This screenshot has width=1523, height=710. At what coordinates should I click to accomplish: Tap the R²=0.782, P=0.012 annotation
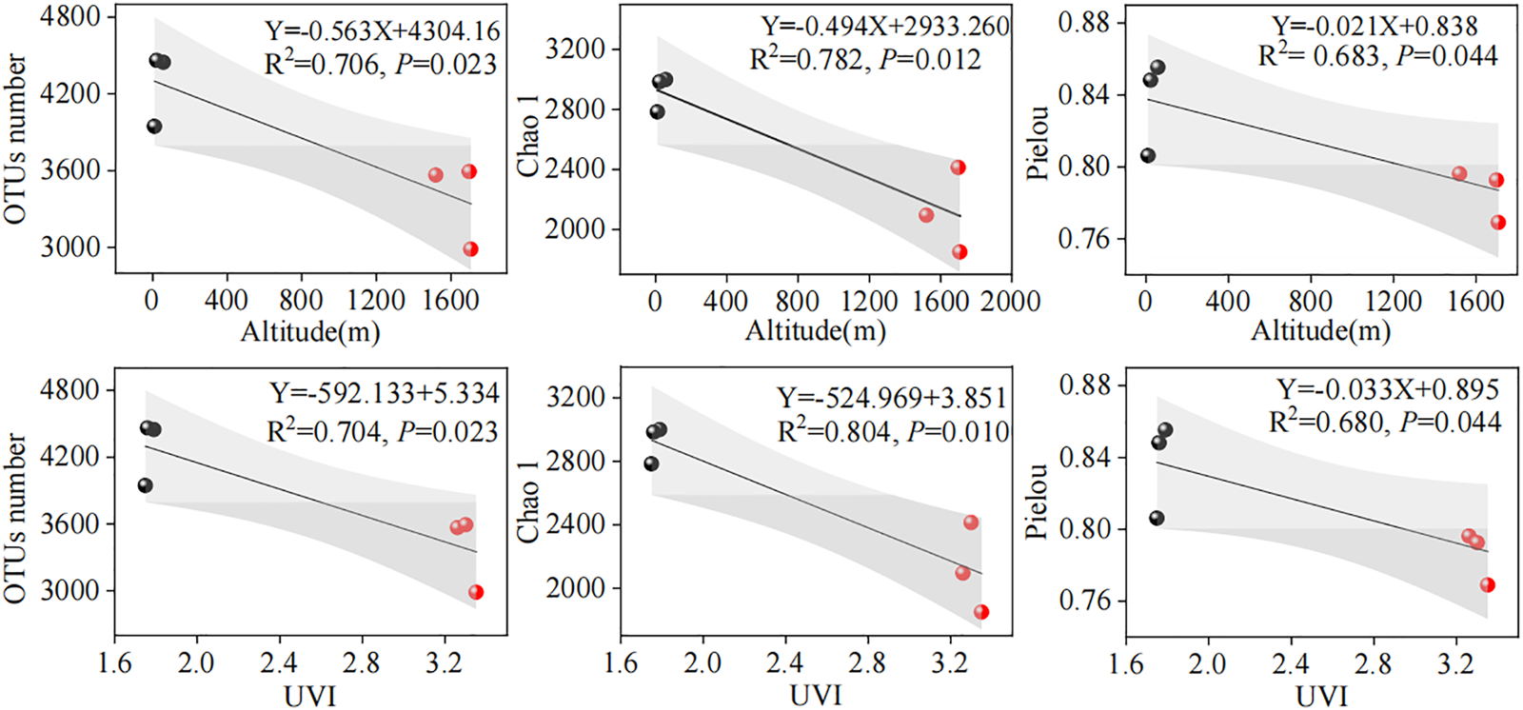(x=864, y=60)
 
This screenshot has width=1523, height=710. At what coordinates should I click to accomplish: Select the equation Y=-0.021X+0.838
(x=1375, y=26)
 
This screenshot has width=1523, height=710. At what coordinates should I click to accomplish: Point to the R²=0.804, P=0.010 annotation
(x=893, y=432)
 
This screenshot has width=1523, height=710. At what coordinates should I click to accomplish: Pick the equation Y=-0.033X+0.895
(x=1388, y=389)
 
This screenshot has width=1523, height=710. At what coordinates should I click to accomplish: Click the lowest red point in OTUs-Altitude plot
(x=470, y=249)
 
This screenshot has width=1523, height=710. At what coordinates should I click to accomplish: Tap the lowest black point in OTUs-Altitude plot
(x=154, y=127)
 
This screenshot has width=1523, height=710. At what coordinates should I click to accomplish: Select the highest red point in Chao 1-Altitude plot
(x=958, y=168)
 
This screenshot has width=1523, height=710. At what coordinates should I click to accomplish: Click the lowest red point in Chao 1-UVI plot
(x=981, y=612)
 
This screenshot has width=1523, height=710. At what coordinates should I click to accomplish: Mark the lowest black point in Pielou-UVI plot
(x=1157, y=519)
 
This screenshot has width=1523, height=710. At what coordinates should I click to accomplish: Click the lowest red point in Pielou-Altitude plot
(x=1498, y=223)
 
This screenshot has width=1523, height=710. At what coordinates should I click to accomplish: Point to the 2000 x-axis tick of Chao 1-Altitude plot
(x=1011, y=302)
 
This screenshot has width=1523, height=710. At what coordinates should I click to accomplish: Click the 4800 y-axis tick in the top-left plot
(x=69, y=18)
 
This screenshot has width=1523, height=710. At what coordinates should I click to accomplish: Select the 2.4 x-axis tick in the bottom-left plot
(x=279, y=662)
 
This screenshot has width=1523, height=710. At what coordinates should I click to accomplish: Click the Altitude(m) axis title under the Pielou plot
(x=1320, y=331)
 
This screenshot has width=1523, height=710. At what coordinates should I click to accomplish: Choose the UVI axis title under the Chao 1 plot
(x=816, y=696)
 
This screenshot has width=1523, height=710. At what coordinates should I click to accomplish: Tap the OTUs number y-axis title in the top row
(x=16, y=139)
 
